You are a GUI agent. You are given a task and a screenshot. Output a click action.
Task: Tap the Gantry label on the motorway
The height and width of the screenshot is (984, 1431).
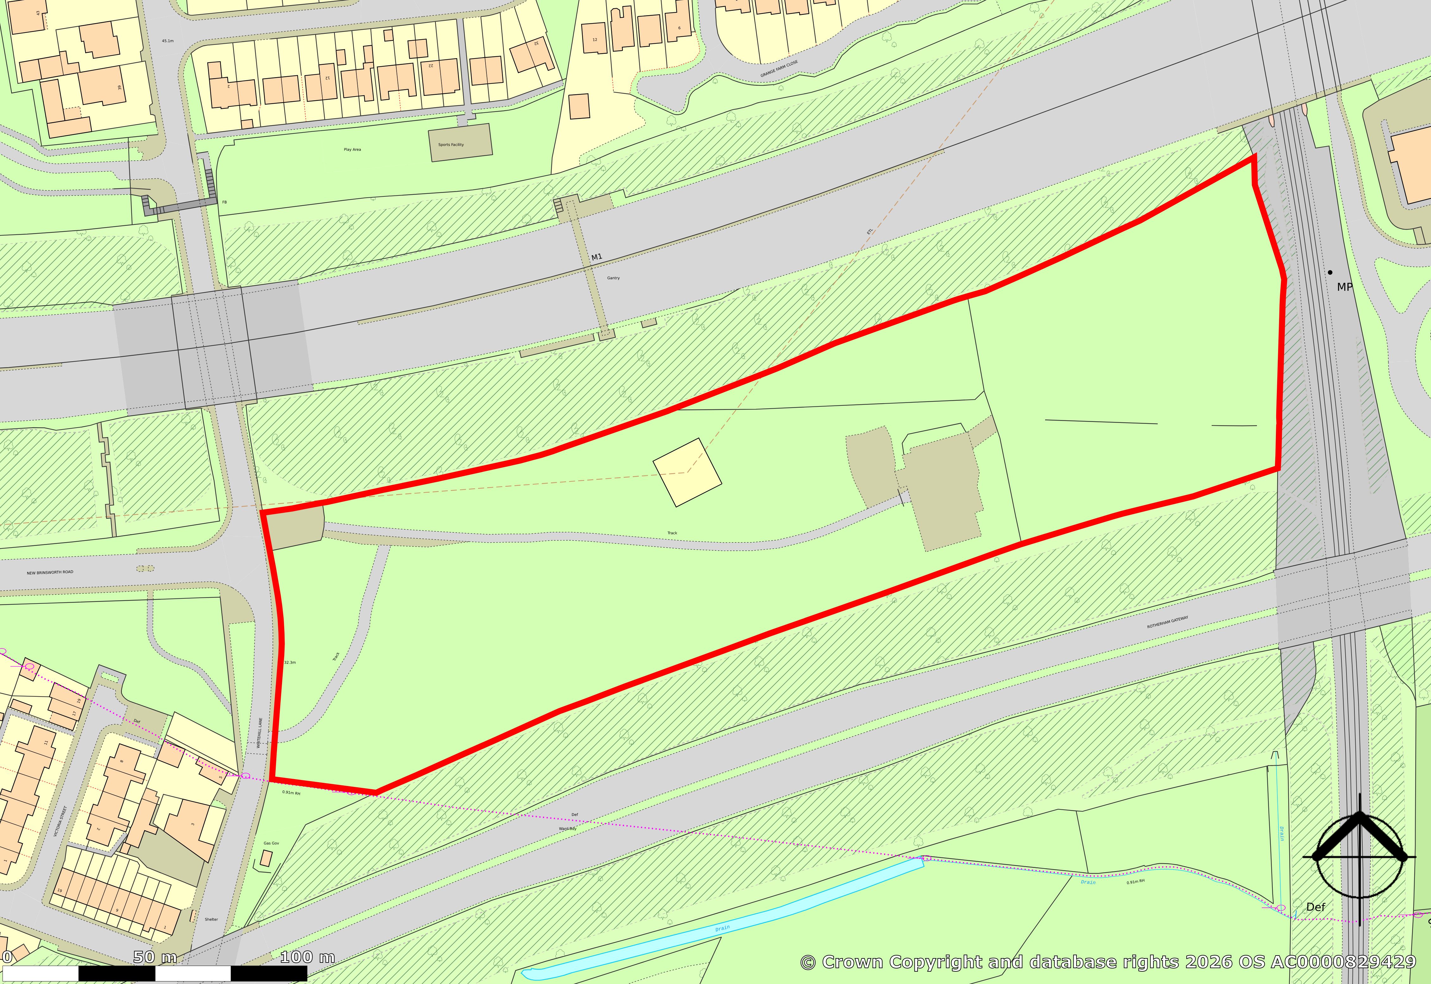(x=613, y=278)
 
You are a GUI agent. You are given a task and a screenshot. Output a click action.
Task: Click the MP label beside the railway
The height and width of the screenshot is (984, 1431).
(x=1345, y=287)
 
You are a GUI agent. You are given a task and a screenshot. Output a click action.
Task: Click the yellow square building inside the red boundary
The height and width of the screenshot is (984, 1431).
(x=687, y=472)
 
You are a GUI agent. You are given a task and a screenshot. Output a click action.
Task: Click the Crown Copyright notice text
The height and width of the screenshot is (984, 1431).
(x=1107, y=962)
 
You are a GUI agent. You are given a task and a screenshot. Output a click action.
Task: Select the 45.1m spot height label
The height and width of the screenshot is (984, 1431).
(x=168, y=41)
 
